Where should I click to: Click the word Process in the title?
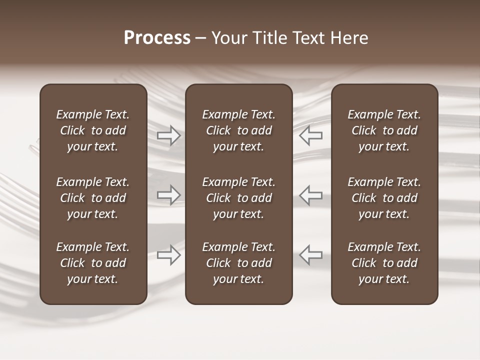157,38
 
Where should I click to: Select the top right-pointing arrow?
169,135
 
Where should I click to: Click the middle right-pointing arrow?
169,195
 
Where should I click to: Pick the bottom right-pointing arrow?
169,255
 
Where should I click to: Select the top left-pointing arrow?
311,135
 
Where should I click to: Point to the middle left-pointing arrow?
311,195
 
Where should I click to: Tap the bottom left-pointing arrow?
311,255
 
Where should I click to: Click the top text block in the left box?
93,130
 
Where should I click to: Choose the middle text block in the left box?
93,198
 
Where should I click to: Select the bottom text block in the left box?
93,263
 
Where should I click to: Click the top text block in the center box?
239,130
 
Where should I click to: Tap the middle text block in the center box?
239,198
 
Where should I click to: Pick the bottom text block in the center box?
239,263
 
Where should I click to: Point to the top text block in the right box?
384,130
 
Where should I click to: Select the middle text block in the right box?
384,198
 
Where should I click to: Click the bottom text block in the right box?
384,263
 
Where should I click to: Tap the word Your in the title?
228,38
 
